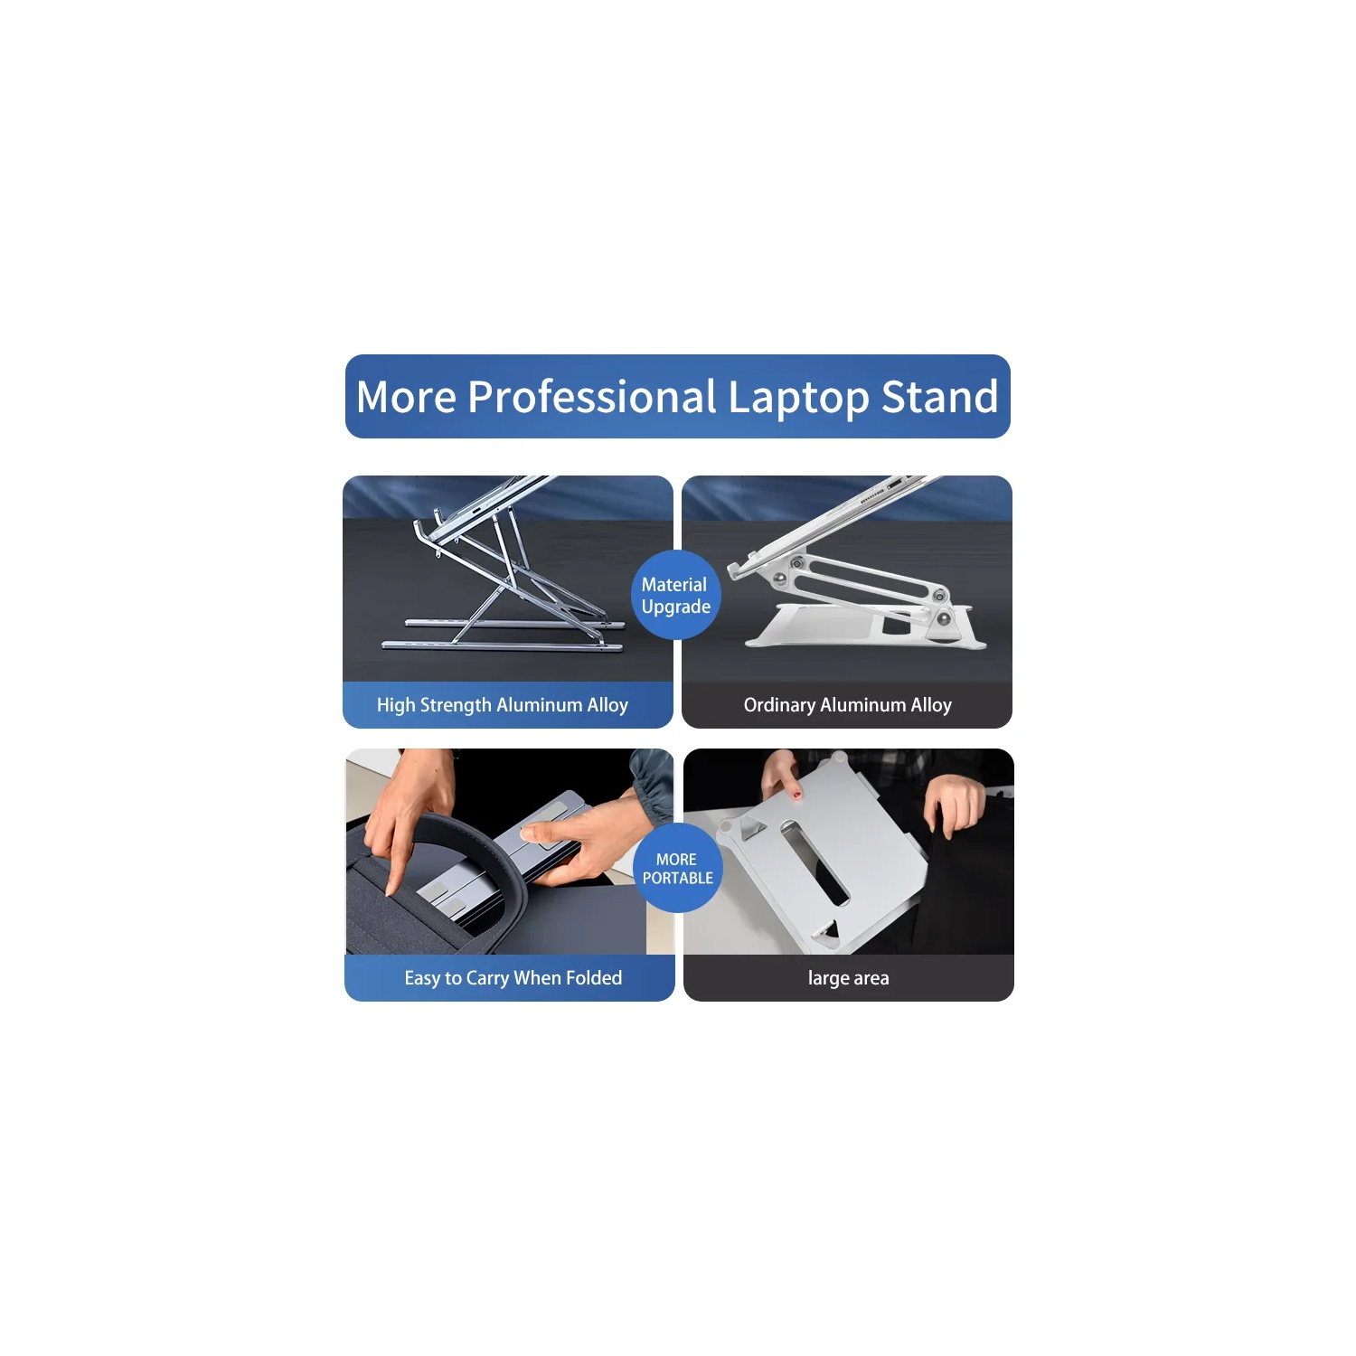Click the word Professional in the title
[592, 397]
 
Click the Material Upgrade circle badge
[675, 595]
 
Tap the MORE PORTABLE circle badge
[677, 868]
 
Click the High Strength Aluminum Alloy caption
[503, 705]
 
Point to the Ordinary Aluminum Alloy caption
[847, 705]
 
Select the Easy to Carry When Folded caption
[513, 978]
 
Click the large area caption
[848, 978]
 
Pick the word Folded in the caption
[594, 978]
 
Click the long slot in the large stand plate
[815, 863]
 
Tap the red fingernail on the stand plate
[796, 795]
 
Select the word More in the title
[406, 397]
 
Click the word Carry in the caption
[487, 978]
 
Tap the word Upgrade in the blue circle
[675, 607]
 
